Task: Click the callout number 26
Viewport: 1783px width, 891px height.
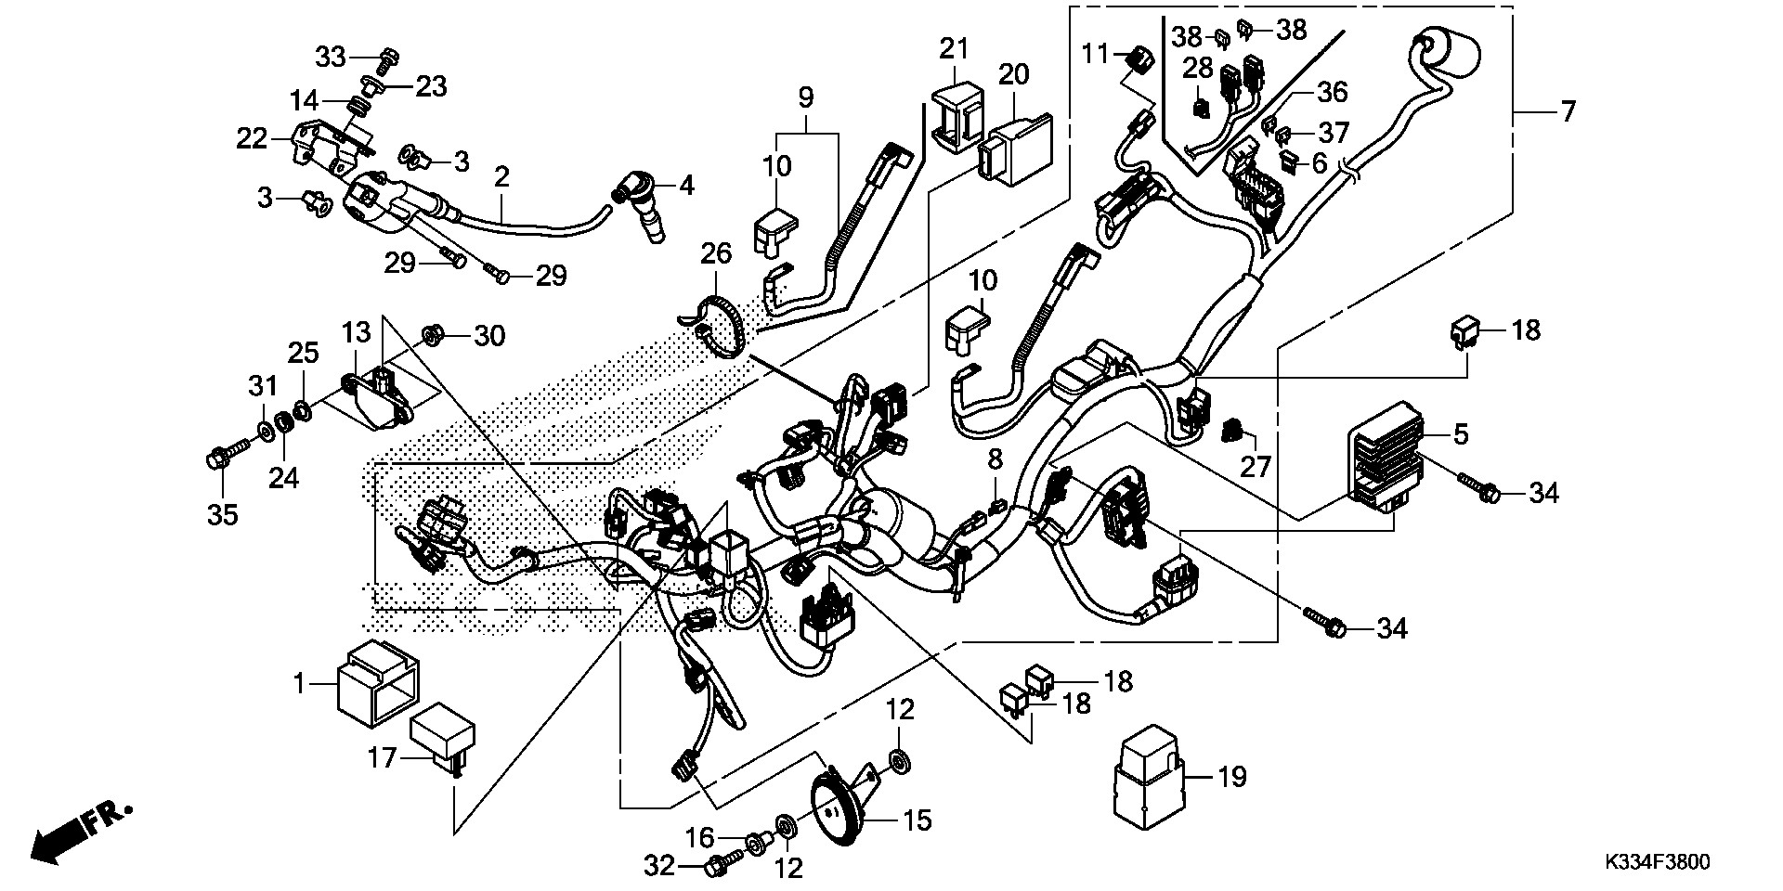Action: tap(716, 252)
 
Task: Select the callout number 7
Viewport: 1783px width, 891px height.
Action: tap(1568, 112)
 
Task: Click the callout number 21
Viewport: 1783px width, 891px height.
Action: tap(953, 48)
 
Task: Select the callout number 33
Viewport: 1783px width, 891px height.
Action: tap(331, 58)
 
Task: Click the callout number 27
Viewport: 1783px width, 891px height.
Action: tap(1256, 466)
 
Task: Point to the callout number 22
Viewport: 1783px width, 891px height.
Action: tap(252, 140)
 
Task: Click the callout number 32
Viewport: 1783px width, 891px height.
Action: tap(660, 868)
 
